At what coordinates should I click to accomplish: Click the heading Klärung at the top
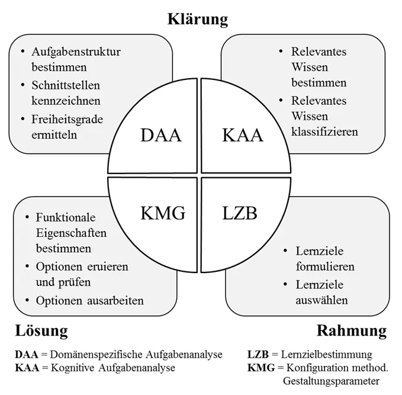[197, 19]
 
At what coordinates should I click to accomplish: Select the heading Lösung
[41, 329]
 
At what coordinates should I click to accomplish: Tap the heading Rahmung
[351, 329]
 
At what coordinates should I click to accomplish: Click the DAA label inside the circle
[161, 136]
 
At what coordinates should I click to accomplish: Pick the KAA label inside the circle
[242, 136]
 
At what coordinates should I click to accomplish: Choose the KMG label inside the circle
[163, 212]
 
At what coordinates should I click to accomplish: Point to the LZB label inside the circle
[240, 212]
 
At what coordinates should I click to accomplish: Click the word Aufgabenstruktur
[76, 52]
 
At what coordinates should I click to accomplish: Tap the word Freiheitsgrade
[67, 120]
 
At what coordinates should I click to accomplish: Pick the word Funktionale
[65, 217]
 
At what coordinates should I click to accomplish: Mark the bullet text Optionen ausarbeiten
[89, 300]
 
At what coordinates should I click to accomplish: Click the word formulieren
[325, 266]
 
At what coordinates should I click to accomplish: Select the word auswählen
[321, 300]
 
